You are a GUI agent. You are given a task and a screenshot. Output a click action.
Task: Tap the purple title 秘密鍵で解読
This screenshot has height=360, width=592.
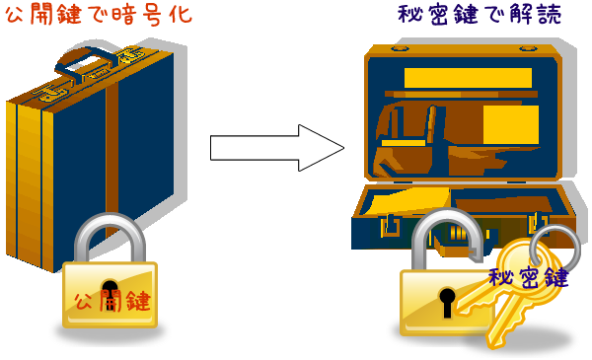coord(472,16)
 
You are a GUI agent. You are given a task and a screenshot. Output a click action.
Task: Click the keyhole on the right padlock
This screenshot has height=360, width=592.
coord(446,300)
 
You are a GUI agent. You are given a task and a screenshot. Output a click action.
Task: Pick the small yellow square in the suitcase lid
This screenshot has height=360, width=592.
coord(510,124)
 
